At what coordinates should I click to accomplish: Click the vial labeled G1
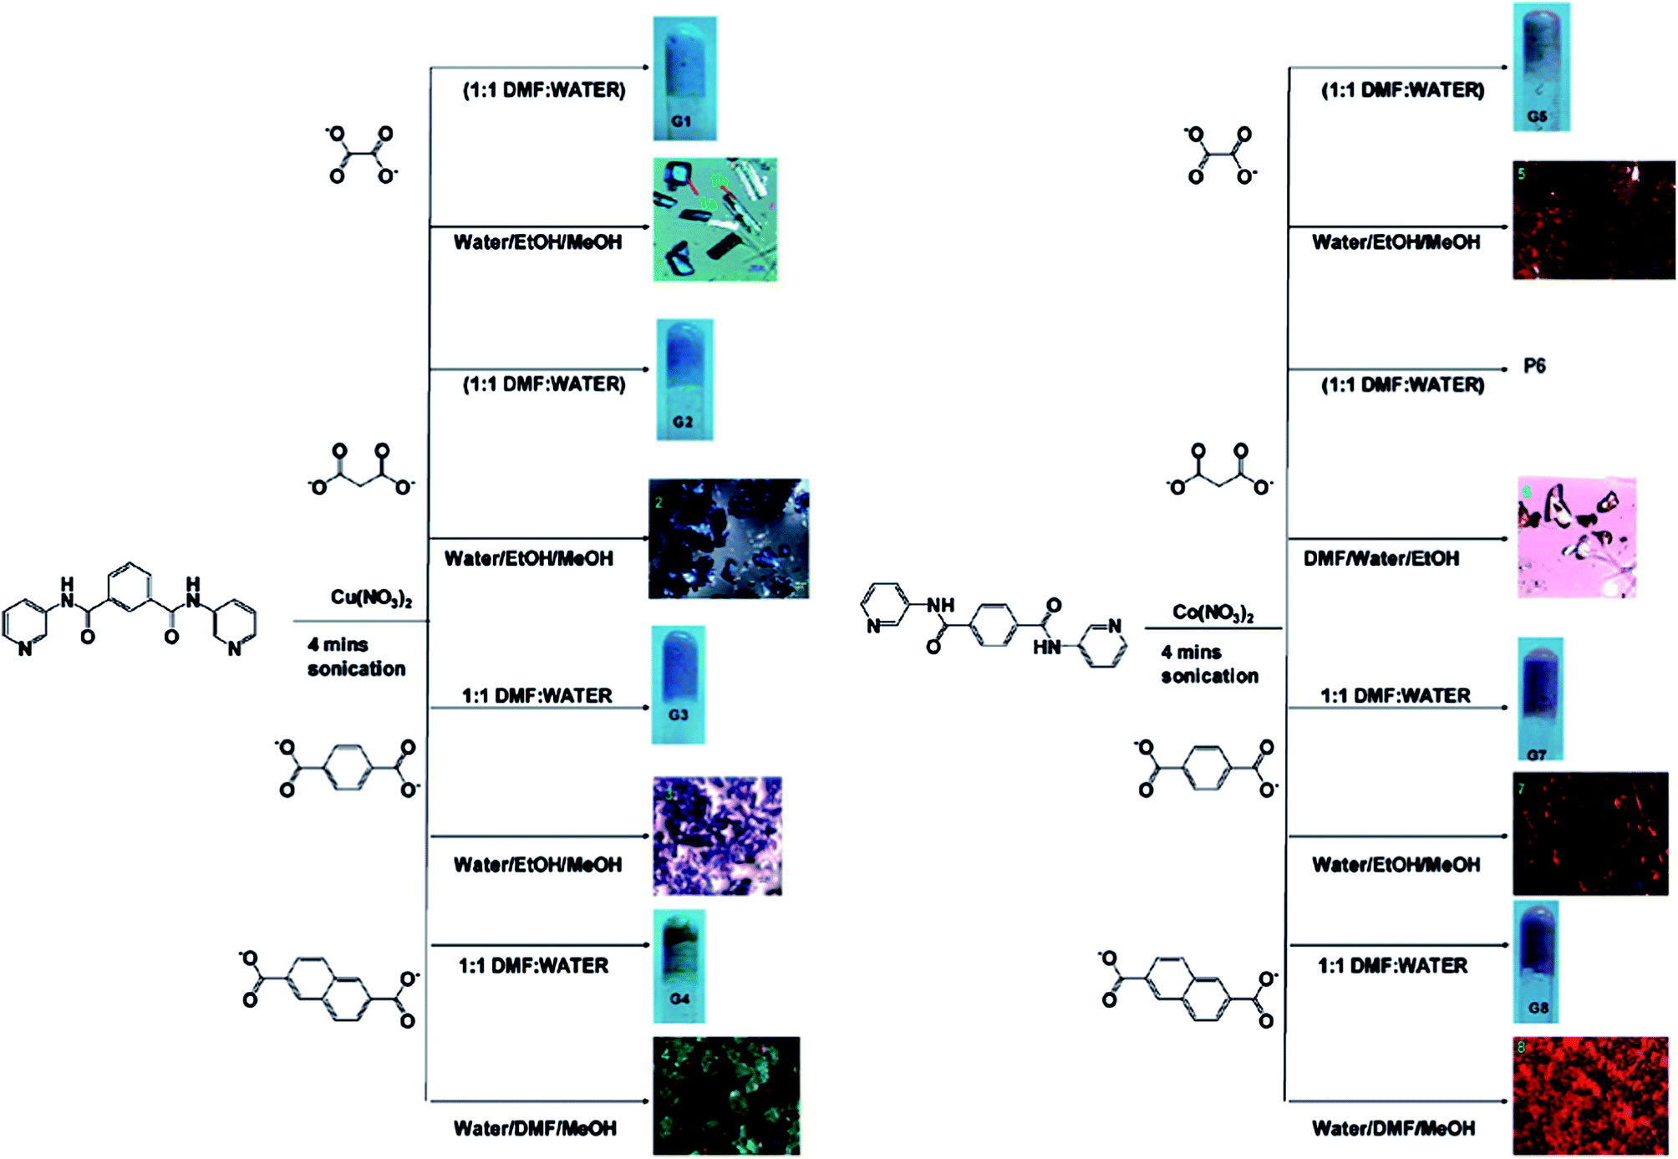click(x=684, y=78)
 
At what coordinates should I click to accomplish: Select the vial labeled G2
click(x=684, y=379)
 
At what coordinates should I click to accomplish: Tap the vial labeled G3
click(x=679, y=684)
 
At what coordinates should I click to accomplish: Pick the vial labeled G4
click(x=679, y=965)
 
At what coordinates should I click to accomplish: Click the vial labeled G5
click(x=1541, y=67)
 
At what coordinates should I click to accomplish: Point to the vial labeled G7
click(x=1538, y=699)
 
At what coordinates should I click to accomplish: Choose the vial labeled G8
click(x=1536, y=961)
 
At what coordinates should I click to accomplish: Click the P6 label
click(x=1534, y=366)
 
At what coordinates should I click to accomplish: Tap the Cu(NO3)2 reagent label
click(x=371, y=597)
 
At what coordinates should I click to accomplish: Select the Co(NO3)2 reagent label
click(x=1213, y=613)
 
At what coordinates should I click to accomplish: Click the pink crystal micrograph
click(x=1576, y=537)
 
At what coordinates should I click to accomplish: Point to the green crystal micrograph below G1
click(x=714, y=219)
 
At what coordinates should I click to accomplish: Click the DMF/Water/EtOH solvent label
click(x=1381, y=558)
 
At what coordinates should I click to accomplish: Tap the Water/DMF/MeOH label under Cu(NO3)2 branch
click(x=535, y=1128)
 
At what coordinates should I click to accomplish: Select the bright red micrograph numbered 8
click(x=1590, y=1095)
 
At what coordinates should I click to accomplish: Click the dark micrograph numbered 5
click(x=1593, y=220)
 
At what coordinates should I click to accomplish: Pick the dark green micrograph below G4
click(x=725, y=1095)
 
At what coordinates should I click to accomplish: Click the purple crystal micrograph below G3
click(x=717, y=836)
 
